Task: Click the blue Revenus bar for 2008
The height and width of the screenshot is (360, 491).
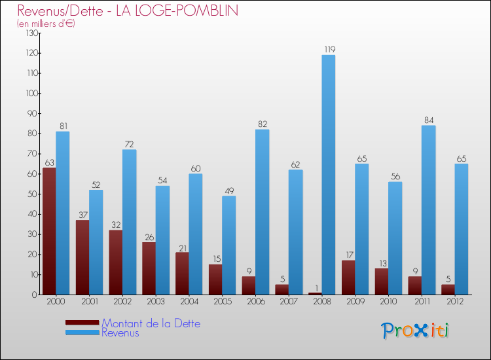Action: click(x=329, y=175)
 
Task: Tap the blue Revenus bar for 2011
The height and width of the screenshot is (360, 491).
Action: click(x=428, y=209)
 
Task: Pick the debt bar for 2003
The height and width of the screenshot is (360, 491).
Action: click(x=149, y=268)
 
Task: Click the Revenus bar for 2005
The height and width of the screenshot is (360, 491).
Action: click(x=228, y=245)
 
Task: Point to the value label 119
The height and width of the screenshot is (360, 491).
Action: click(x=329, y=49)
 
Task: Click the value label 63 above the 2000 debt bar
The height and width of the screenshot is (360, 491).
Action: click(x=49, y=162)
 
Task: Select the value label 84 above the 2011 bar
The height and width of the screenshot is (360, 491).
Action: click(x=428, y=120)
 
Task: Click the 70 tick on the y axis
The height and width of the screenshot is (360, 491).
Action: click(x=29, y=154)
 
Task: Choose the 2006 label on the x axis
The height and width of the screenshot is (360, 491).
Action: click(x=255, y=301)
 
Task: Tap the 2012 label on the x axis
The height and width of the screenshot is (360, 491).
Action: click(x=455, y=301)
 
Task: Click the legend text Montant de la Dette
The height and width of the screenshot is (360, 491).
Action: click(x=151, y=323)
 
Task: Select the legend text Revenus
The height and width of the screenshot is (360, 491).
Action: click(x=120, y=333)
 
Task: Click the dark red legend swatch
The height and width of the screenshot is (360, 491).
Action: click(x=82, y=322)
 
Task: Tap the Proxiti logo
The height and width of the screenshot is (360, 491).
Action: click(x=416, y=331)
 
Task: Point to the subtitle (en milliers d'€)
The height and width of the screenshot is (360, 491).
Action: click(x=46, y=24)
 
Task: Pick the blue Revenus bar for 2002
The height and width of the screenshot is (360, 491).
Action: click(x=129, y=222)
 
